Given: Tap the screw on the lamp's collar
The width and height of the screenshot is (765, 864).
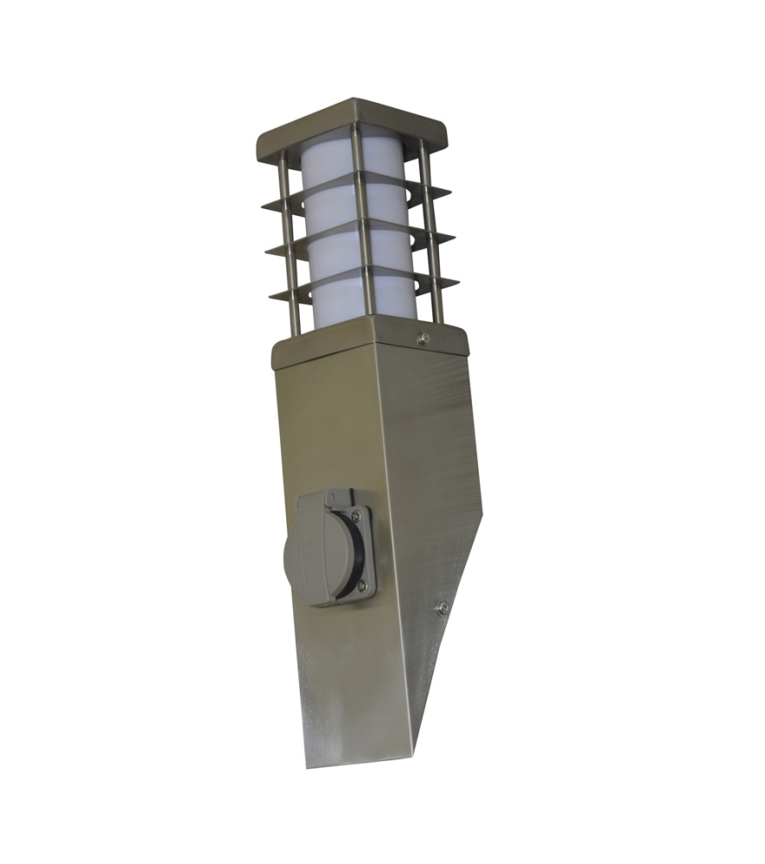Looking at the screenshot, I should tap(423, 339).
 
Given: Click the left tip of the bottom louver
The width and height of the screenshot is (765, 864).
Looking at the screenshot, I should tap(271, 298).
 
